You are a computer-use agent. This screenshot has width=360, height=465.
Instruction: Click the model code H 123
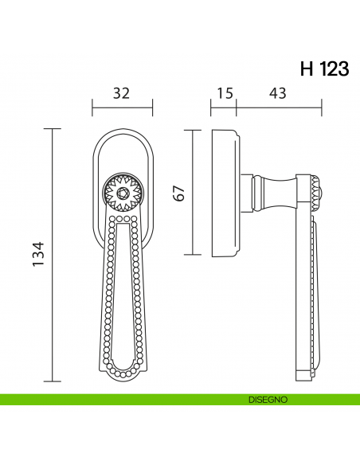point(323,68)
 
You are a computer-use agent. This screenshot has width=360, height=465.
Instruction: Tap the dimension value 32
point(122,93)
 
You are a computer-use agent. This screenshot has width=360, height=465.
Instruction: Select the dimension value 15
point(224,93)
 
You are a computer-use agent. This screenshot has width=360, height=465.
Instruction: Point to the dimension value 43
point(278,93)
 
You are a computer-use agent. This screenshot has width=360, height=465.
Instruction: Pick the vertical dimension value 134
point(39,254)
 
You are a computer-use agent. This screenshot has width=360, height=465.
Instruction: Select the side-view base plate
point(225,192)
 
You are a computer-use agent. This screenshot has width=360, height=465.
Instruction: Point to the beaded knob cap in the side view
point(316,192)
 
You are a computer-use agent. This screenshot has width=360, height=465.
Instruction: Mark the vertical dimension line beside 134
point(53,254)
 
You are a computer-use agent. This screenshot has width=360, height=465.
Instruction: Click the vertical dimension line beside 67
point(192,192)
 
